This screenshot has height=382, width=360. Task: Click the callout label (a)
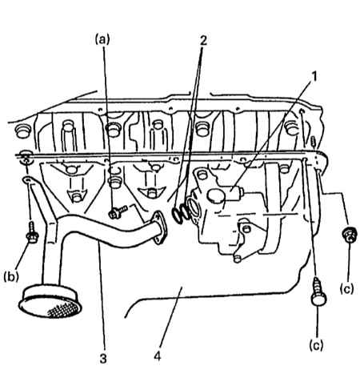click(x=102, y=40)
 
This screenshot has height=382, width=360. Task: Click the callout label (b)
click(x=11, y=277)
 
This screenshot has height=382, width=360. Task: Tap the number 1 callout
click(x=314, y=77)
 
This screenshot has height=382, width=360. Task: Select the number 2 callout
click(x=202, y=41)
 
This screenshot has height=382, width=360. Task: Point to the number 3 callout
click(x=103, y=359)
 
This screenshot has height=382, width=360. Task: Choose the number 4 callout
click(x=158, y=356)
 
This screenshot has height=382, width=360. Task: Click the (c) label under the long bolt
click(x=316, y=345)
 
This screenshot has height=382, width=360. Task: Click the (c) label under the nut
click(x=346, y=288)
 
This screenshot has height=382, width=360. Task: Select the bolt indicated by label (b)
click(x=32, y=232)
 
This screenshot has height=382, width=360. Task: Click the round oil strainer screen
click(x=50, y=302)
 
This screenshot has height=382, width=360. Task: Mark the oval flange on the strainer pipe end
click(x=160, y=227)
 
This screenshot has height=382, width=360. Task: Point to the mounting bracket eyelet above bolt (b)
click(x=27, y=179)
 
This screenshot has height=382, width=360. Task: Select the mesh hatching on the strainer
click(x=62, y=310)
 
